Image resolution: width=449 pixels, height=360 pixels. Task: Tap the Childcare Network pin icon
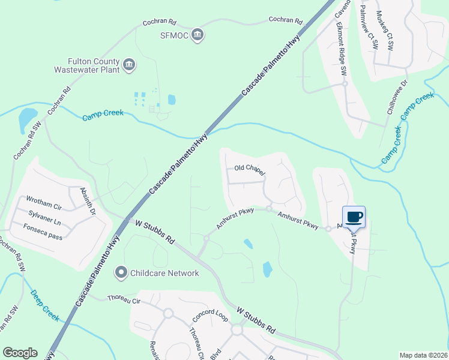[x=121, y=273]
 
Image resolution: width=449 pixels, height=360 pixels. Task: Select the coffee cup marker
[x=354, y=217]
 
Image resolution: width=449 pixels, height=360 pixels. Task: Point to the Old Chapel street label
[x=249, y=169]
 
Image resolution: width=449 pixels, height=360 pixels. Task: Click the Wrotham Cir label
[x=43, y=202]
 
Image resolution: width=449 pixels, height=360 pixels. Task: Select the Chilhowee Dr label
[x=397, y=97]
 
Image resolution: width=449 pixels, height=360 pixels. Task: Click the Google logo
[x=20, y=353]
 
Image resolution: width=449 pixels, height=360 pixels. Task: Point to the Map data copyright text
[x=423, y=355]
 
